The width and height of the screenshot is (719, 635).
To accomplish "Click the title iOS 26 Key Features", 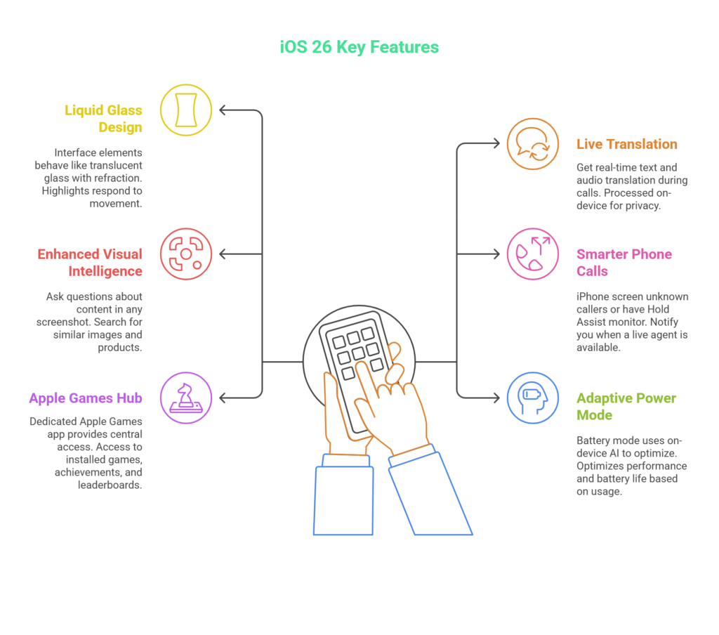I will pos(359,48).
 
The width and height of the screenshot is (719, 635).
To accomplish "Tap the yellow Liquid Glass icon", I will pos(186,110).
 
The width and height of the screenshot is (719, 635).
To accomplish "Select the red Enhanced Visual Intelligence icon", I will pos(186,254).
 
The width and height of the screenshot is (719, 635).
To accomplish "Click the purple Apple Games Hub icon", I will pos(186,398).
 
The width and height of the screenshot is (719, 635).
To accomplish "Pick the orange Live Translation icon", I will pos(533,144).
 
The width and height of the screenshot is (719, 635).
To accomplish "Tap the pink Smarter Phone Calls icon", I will pos(533,254).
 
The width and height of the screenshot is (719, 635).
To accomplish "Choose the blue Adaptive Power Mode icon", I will pos(533,398).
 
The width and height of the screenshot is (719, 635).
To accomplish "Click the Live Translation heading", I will pos(626,144).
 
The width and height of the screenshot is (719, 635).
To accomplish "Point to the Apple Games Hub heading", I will pos(86,398).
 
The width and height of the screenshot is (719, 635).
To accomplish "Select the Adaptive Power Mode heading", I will pos(626,406).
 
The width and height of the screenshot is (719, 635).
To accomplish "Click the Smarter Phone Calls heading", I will pos(624,262).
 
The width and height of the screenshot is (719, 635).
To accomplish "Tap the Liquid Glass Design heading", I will pos(103,119).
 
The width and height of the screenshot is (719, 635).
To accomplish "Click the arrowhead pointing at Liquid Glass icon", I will pos(223,110).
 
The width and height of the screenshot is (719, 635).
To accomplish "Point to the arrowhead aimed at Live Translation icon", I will pos(496,144).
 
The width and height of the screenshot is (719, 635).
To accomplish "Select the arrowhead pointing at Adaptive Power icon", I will pos(496,398).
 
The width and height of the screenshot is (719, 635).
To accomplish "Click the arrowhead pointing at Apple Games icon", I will pos(223,398).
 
